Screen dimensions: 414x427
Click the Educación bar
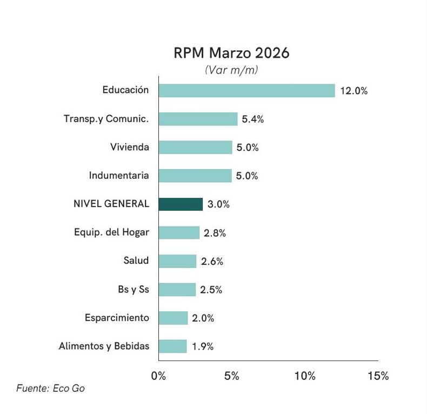click(x=246, y=91)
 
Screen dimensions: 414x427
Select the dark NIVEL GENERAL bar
click(x=181, y=204)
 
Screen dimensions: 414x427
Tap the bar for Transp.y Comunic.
click(x=198, y=119)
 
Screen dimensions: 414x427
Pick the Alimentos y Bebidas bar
click(x=172, y=346)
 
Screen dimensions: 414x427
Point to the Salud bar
click(x=177, y=262)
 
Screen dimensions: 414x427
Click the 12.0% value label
click(x=354, y=91)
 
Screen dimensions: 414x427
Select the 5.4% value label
click(x=252, y=119)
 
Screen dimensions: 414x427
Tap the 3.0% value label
click(x=218, y=204)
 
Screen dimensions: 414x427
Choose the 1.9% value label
click(x=202, y=346)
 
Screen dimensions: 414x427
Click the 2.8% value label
click(x=215, y=233)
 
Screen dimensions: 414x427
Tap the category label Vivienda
click(x=129, y=147)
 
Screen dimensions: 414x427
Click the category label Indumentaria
click(x=119, y=176)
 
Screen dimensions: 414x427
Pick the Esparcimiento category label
click(x=117, y=318)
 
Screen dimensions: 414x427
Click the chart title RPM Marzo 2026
click(x=231, y=54)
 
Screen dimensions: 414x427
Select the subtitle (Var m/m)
click(x=231, y=70)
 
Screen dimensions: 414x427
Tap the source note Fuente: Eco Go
click(x=50, y=388)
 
